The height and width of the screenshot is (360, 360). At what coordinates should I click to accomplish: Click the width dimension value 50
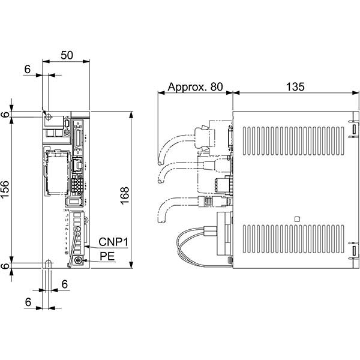tap(67, 55)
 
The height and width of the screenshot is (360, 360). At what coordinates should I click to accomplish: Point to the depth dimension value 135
tap(295, 87)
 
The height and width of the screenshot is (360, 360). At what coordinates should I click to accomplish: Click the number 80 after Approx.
tap(215, 87)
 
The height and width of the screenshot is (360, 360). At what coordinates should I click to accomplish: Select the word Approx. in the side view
tap(187, 87)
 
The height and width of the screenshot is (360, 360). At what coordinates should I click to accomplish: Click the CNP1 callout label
tap(113, 242)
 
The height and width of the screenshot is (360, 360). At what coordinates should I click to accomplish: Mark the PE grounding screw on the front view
tap(78, 260)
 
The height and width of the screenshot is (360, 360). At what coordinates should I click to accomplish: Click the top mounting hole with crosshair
tap(48, 116)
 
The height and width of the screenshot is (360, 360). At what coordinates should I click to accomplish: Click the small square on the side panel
tap(296, 218)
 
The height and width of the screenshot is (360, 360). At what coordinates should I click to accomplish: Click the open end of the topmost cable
tap(159, 161)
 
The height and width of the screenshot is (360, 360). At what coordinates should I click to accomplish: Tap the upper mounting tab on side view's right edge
tap(354, 128)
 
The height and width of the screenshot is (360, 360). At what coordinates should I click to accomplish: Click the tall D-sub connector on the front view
tap(78, 138)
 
